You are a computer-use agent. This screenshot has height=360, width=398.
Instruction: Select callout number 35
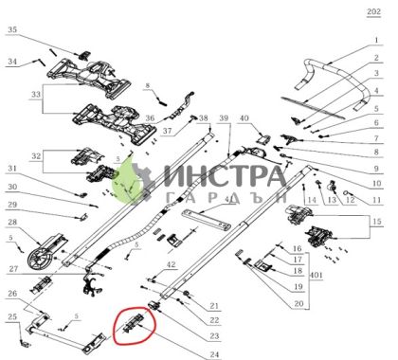click(x=12, y=30)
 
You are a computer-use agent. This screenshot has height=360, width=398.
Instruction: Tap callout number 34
click(x=12, y=63)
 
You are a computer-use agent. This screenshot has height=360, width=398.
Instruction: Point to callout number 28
click(x=12, y=224)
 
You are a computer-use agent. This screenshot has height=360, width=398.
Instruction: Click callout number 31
click(x=12, y=170)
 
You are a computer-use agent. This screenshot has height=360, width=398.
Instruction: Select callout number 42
click(x=171, y=265)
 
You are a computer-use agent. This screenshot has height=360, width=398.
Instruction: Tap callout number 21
click(x=214, y=305)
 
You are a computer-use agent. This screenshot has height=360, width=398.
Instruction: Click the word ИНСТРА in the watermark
click(x=225, y=176)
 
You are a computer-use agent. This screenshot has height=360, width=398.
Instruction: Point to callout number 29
click(x=12, y=205)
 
